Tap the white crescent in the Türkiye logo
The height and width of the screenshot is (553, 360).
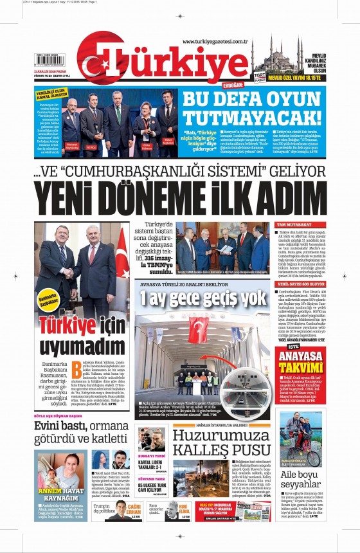[x=97, y=59]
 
